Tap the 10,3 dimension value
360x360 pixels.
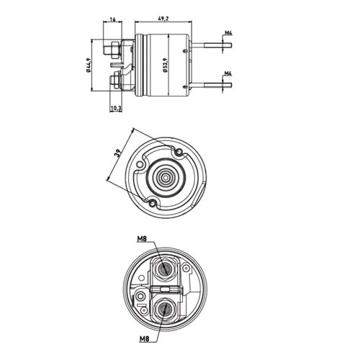114,107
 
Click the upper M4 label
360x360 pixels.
228,33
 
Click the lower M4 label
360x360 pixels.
228,73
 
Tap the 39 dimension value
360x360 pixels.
117,153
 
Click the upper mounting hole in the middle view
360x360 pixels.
179,152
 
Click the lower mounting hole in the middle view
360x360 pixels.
153,204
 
